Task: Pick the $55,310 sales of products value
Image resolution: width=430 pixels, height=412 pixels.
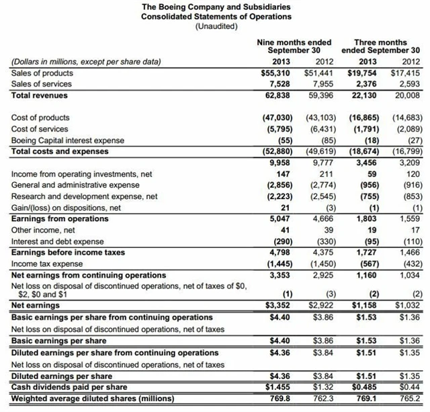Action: pyautogui.click(x=276, y=73)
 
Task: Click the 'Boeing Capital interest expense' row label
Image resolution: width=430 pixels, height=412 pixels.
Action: pyautogui.click(x=68, y=139)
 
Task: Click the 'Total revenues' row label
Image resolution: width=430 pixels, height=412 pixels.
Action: pyautogui.click(x=40, y=95)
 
